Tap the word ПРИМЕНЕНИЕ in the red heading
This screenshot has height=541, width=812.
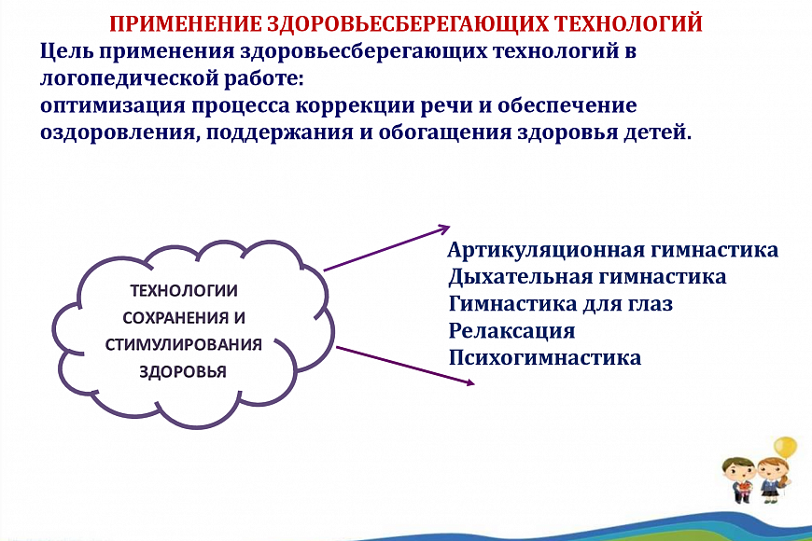(186, 24)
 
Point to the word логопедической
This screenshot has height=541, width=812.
(129, 78)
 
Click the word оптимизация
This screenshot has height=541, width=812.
(112, 105)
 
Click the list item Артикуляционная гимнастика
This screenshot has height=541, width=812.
(612, 250)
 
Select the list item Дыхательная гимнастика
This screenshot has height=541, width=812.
(587, 277)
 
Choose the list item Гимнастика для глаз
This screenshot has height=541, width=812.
(561, 304)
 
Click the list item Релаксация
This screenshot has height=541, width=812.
(511, 331)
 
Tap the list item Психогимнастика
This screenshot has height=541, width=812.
(545, 358)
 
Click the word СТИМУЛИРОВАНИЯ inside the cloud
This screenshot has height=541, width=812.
(183, 345)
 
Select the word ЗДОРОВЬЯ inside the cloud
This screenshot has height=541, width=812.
(183, 372)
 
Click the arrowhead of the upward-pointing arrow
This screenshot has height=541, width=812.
(445, 228)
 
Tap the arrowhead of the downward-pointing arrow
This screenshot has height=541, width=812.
(469, 382)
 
